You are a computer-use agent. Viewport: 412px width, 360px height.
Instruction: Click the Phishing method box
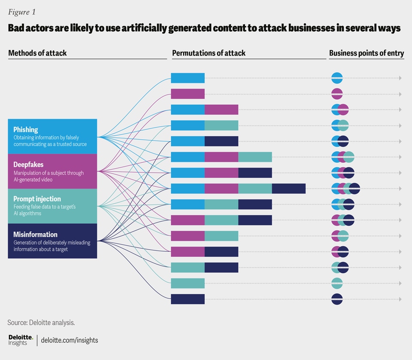point(52,136)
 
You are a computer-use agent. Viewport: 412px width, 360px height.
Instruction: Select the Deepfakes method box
point(52,171)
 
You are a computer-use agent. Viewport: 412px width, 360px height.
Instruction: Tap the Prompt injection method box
point(52,206)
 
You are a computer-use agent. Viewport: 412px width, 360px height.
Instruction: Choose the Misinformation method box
point(52,241)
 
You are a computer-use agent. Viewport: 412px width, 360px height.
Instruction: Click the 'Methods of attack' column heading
point(37,53)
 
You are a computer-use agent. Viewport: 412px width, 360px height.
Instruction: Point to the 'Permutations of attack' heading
point(209,53)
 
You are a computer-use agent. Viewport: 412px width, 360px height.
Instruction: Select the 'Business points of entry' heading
point(367,53)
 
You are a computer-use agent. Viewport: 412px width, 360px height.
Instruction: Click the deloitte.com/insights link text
point(70,340)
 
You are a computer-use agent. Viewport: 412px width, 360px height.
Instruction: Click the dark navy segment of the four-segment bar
point(289,189)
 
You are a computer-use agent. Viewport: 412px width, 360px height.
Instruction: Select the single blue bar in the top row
point(188,78)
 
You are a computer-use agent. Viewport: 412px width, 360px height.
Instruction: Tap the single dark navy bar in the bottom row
point(188,299)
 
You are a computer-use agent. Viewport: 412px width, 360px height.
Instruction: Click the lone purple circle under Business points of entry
point(337,94)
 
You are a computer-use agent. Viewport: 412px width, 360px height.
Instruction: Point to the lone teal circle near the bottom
point(337,283)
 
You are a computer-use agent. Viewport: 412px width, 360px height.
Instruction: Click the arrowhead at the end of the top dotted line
point(400,78)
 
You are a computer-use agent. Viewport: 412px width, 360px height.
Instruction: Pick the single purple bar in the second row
point(188,94)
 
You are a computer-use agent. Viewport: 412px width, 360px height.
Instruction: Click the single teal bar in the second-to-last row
point(188,283)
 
